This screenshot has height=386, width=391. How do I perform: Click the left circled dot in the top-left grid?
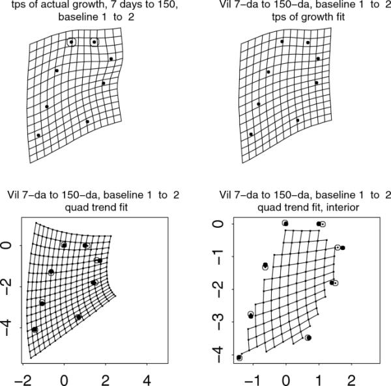click(71, 42)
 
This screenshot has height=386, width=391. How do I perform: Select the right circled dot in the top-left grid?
click(94, 42)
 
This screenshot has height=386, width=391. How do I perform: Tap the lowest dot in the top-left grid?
click(38, 135)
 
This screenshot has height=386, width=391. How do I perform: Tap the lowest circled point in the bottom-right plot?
click(239, 357)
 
